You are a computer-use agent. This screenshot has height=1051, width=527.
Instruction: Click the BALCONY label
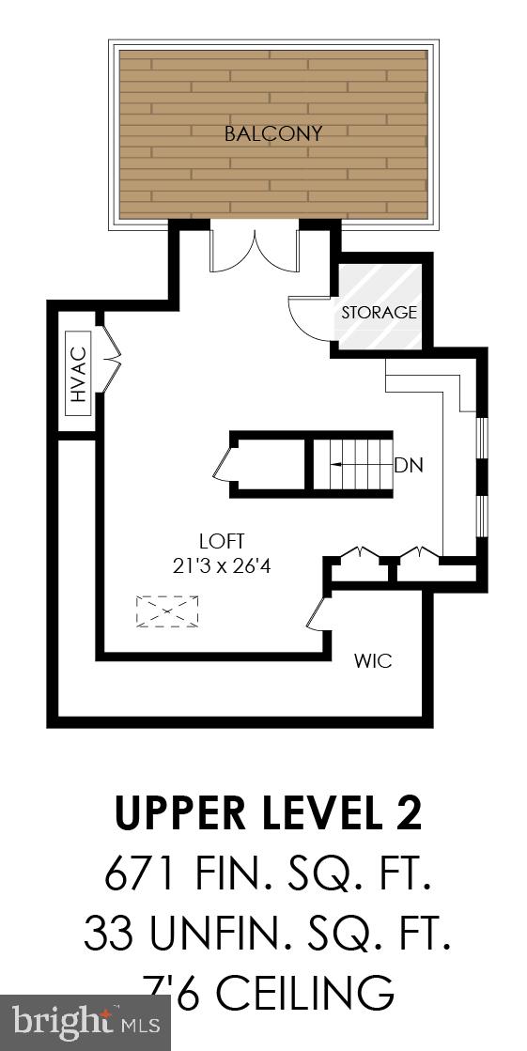tap(272, 133)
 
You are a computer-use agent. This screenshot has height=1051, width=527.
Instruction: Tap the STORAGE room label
tap(379, 313)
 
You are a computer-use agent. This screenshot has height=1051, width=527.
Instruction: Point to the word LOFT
tap(222, 541)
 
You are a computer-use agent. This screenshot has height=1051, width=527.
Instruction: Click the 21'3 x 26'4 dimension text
tap(223, 565)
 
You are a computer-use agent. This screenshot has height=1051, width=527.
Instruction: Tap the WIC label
tap(372, 660)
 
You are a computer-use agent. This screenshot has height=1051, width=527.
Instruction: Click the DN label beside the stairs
tap(407, 465)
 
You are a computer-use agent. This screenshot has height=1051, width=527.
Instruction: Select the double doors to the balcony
tap(254, 248)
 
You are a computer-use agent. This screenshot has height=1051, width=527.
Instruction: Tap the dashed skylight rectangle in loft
tap(167, 611)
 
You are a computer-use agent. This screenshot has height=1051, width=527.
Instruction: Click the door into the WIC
tap(317, 614)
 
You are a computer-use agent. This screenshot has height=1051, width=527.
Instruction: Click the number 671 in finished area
tap(141, 874)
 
